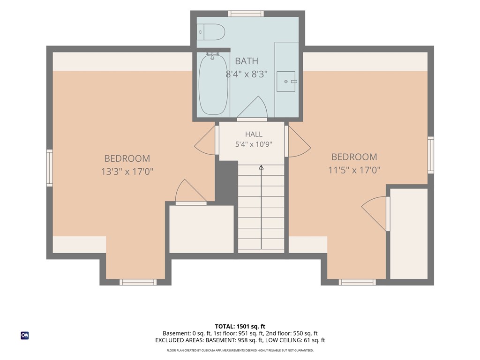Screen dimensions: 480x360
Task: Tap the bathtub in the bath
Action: point(213,84)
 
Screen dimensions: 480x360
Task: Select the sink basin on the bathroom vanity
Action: point(286,82)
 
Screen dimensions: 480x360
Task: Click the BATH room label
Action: point(247,61)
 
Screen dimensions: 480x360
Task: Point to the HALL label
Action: point(254,134)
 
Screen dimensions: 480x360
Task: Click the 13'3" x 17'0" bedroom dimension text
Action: point(127,172)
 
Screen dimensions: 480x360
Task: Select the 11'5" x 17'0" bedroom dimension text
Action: point(354,170)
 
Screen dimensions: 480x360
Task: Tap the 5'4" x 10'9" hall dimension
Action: point(254,144)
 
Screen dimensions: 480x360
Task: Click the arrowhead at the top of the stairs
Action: point(261,167)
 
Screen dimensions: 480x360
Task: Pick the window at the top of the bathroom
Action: point(246,14)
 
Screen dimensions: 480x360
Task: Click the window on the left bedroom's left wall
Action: point(50,168)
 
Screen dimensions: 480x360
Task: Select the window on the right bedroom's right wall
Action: point(431,155)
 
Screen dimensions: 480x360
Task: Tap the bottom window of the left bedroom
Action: point(138,282)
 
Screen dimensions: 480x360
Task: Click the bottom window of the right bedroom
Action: point(357,282)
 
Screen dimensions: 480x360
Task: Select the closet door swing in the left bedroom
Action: point(189,191)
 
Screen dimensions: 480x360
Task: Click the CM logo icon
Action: point(25,336)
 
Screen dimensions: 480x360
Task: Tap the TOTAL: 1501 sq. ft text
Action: point(240,326)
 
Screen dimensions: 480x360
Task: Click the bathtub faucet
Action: point(212,55)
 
